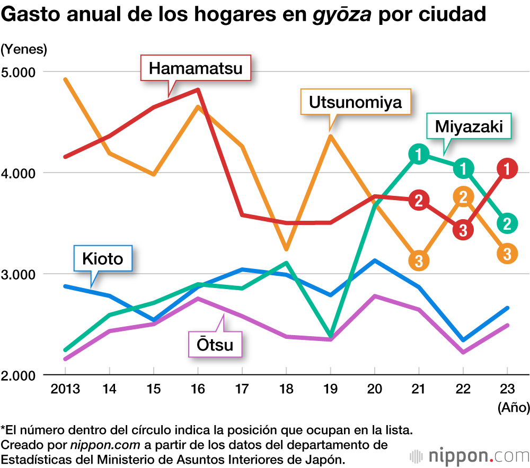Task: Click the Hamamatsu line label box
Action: tap(196, 68)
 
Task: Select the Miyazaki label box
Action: tap(469, 127)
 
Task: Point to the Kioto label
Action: tap(103, 258)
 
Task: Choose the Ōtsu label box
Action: tap(215, 345)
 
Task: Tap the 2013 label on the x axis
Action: tap(65, 390)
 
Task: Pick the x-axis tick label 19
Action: tap(331, 390)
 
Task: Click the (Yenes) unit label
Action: tap(24, 50)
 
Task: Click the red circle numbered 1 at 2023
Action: tap(507, 169)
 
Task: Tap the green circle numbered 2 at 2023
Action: tap(507, 223)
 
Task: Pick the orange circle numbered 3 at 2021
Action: tap(419, 260)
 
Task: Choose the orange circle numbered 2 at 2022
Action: tap(463, 197)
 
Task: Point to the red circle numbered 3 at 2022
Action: tap(463, 230)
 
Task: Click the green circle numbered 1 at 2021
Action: tap(419, 155)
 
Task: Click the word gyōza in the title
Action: tap(343, 15)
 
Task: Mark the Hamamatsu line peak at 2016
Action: tap(198, 89)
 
